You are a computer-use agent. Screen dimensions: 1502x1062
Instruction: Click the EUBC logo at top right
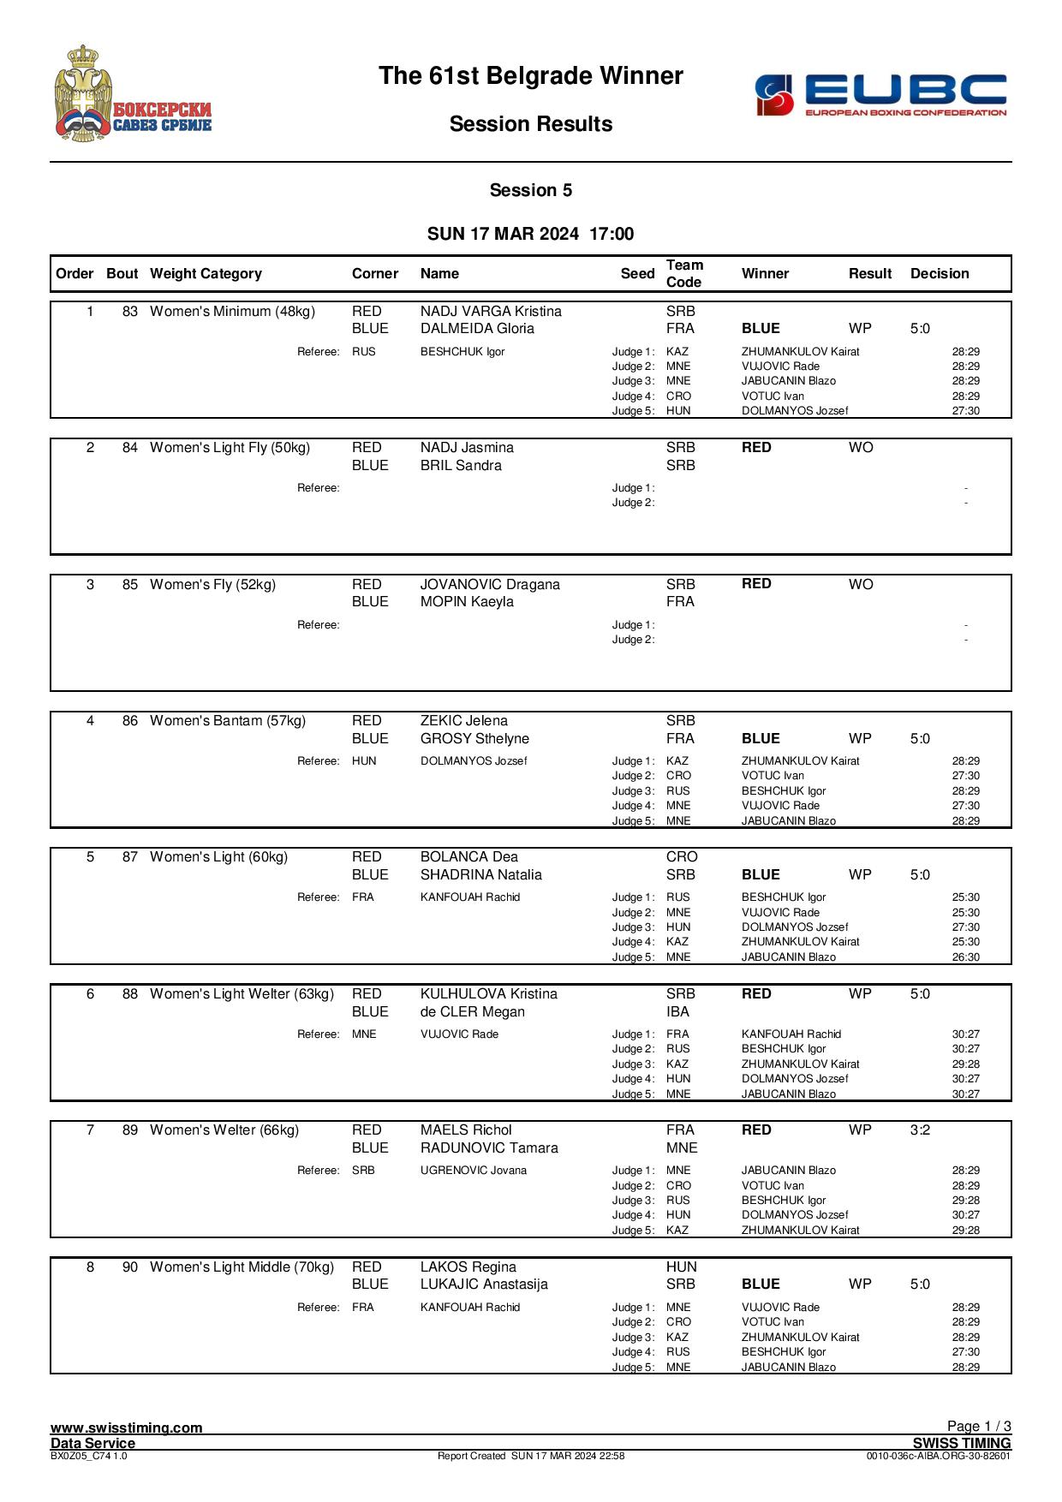click(880, 95)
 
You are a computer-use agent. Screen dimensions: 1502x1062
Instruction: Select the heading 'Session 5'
click(530, 191)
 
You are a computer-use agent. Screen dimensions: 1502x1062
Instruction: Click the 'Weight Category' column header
click(206, 274)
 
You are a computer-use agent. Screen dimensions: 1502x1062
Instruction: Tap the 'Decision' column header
click(940, 274)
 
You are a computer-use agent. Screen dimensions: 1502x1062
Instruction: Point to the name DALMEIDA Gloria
click(476, 329)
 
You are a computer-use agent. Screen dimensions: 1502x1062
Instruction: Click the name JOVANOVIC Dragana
click(490, 585)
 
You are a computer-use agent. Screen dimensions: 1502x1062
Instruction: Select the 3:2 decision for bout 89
click(920, 1130)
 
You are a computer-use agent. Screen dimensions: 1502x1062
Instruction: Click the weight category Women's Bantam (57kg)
click(228, 721)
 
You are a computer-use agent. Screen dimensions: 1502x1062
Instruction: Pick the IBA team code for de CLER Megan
click(677, 1012)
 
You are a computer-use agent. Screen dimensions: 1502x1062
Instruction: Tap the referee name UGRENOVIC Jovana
click(474, 1171)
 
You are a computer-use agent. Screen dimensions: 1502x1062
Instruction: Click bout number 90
click(130, 1267)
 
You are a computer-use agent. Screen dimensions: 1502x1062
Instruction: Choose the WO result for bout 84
click(861, 448)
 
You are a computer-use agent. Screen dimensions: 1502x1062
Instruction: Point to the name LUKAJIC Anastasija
click(484, 1284)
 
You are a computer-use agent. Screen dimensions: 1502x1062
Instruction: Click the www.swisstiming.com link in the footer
click(127, 1427)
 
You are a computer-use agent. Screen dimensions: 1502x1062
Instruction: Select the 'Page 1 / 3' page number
click(979, 1426)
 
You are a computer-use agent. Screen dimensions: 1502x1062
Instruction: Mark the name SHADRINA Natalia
click(480, 875)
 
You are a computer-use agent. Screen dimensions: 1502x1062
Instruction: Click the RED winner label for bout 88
click(756, 994)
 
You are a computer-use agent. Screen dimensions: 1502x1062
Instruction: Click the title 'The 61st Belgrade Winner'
click(530, 76)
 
